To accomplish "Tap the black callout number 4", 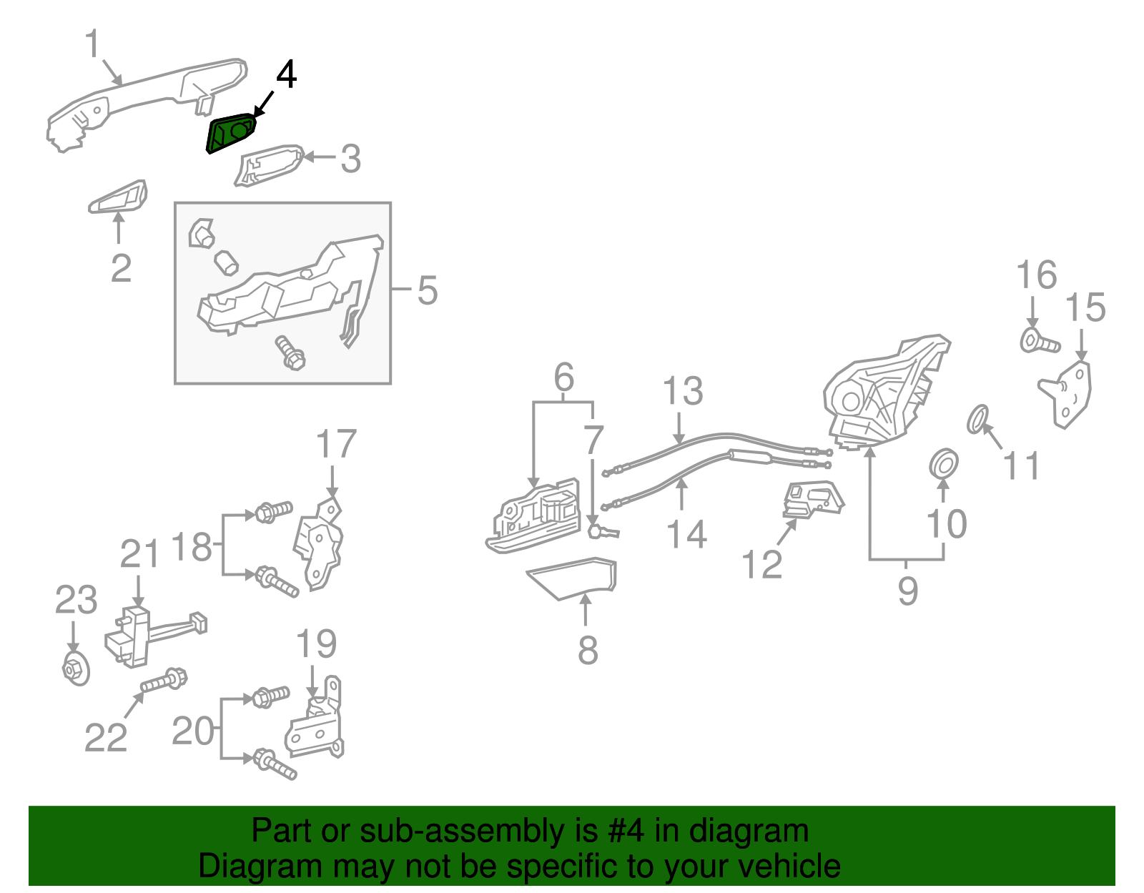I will pyautogui.click(x=286, y=74).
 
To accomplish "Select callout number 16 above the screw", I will pyautogui.click(x=1036, y=275).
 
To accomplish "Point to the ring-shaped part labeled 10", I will pyautogui.click(x=944, y=463).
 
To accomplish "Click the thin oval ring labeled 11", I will pyautogui.click(x=977, y=419).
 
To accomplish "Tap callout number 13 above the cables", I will pyautogui.click(x=683, y=392).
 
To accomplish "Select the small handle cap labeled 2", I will pyautogui.click(x=119, y=198).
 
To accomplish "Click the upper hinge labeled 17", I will pyautogui.click(x=320, y=543).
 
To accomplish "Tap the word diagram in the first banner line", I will pyautogui.click(x=763, y=832).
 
